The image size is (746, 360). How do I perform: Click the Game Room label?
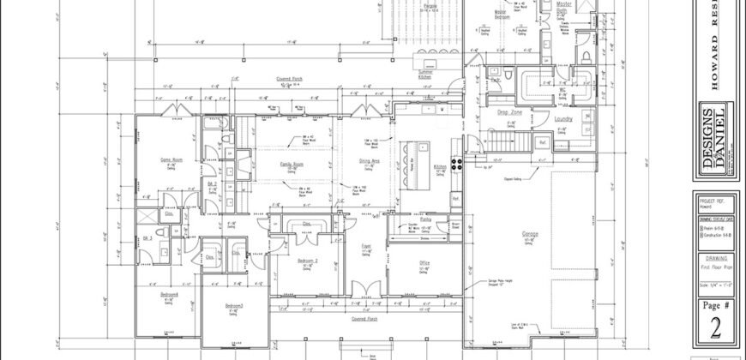[x=162, y=160]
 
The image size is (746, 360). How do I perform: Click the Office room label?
[x=424, y=263]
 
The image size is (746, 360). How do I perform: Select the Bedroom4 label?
[x=168, y=294]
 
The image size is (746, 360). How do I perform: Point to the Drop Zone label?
[x=510, y=112]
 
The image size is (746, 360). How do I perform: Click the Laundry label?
[x=563, y=119]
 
